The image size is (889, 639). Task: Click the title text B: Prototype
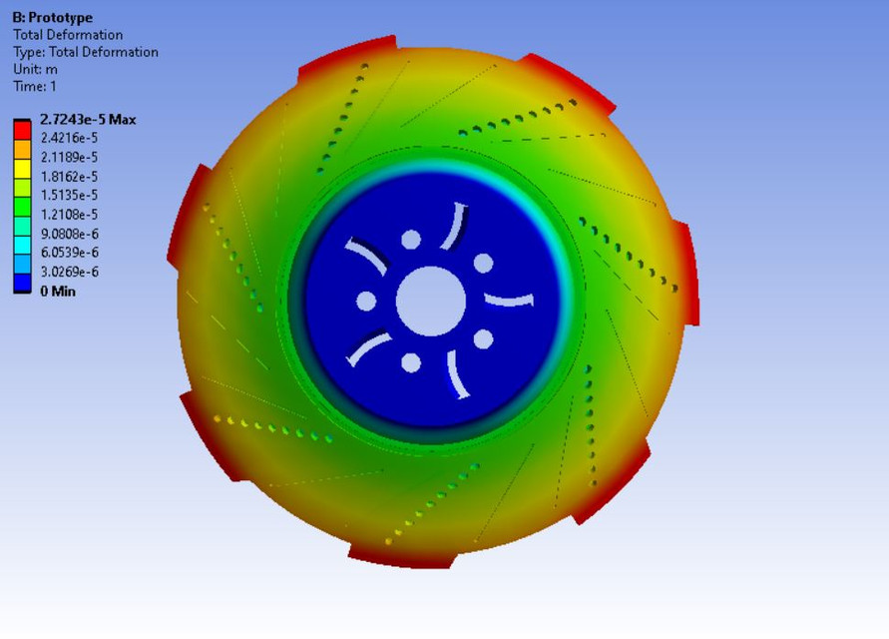[52, 18]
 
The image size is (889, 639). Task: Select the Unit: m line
[34, 69]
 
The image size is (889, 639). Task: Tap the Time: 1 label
[35, 86]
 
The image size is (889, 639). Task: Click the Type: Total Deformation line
[85, 52]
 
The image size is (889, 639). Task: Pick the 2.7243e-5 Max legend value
[88, 120]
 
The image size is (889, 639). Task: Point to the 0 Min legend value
[57, 292]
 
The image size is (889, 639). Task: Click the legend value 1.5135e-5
[69, 196]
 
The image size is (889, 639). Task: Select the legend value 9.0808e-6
[69, 234]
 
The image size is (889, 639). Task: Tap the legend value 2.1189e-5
[69, 158]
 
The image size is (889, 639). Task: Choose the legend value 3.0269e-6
[69, 272]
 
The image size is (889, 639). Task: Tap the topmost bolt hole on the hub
[411, 240]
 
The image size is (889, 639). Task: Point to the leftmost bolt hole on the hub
[366, 302]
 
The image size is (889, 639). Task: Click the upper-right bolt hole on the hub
[483, 264]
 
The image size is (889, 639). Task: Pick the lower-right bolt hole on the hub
[483, 339]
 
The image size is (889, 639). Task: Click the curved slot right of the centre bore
[510, 301]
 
